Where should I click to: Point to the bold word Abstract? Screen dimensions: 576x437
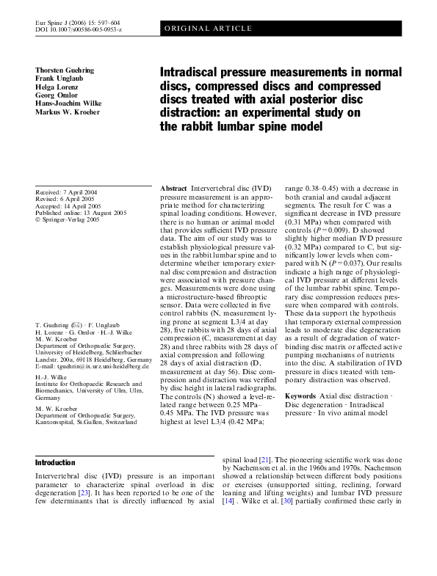tap(173, 189)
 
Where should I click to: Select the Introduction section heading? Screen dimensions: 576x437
tap(55, 463)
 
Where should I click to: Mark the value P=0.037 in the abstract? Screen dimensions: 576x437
tap(344, 302)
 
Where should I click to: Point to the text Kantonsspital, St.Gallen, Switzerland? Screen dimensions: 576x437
tap(85, 423)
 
